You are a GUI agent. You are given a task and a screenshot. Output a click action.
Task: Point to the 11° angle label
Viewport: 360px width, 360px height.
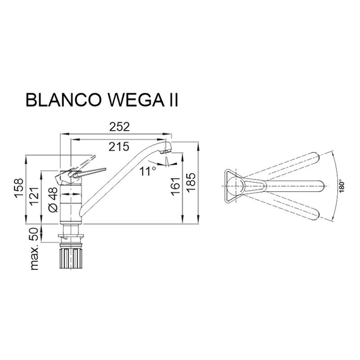(x=148, y=171)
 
